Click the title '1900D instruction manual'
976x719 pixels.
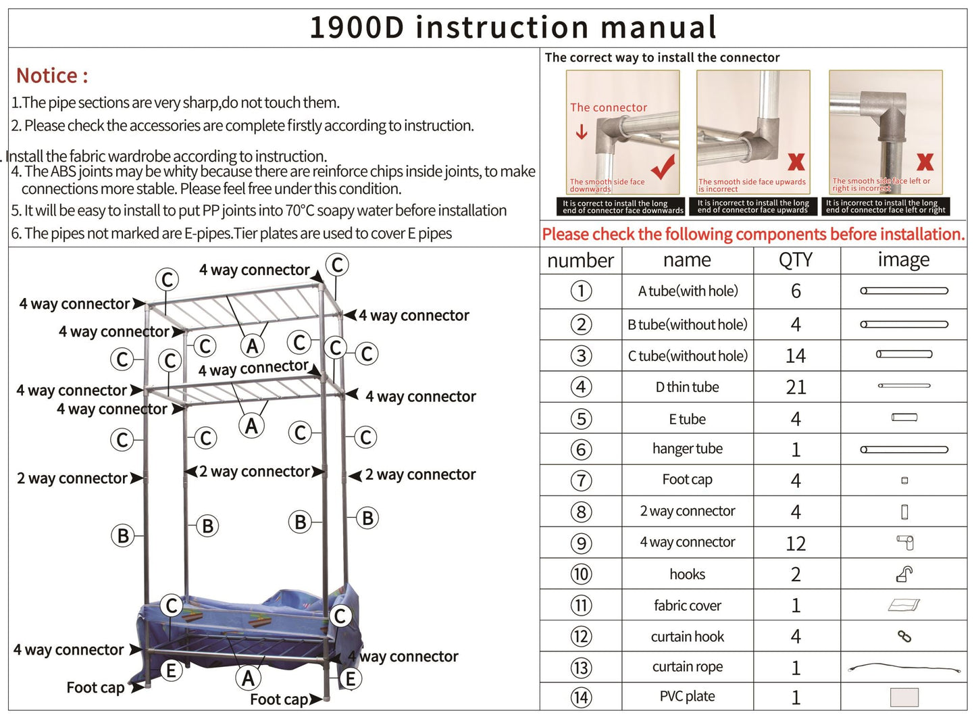[x=513, y=28]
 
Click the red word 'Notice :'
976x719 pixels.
[x=52, y=76]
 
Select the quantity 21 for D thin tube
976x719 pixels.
[x=796, y=387]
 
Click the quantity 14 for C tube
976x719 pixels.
[x=796, y=356]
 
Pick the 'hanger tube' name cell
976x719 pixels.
[x=687, y=449]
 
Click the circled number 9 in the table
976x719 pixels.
[x=581, y=543]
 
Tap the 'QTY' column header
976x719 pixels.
[x=796, y=260]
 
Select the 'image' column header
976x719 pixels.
[x=903, y=260]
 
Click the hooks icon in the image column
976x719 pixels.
[x=904, y=574]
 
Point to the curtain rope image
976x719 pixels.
[x=904, y=668]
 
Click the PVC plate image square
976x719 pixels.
[x=904, y=697]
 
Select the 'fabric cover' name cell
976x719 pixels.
[x=687, y=605]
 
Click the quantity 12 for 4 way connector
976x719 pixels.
[x=796, y=543]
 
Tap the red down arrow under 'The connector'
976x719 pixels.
[x=582, y=132]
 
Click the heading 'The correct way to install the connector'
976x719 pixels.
[x=662, y=58]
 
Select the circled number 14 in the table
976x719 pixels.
[x=581, y=697]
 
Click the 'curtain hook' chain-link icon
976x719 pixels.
[x=904, y=637]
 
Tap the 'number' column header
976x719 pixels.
[x=580, y=260]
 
